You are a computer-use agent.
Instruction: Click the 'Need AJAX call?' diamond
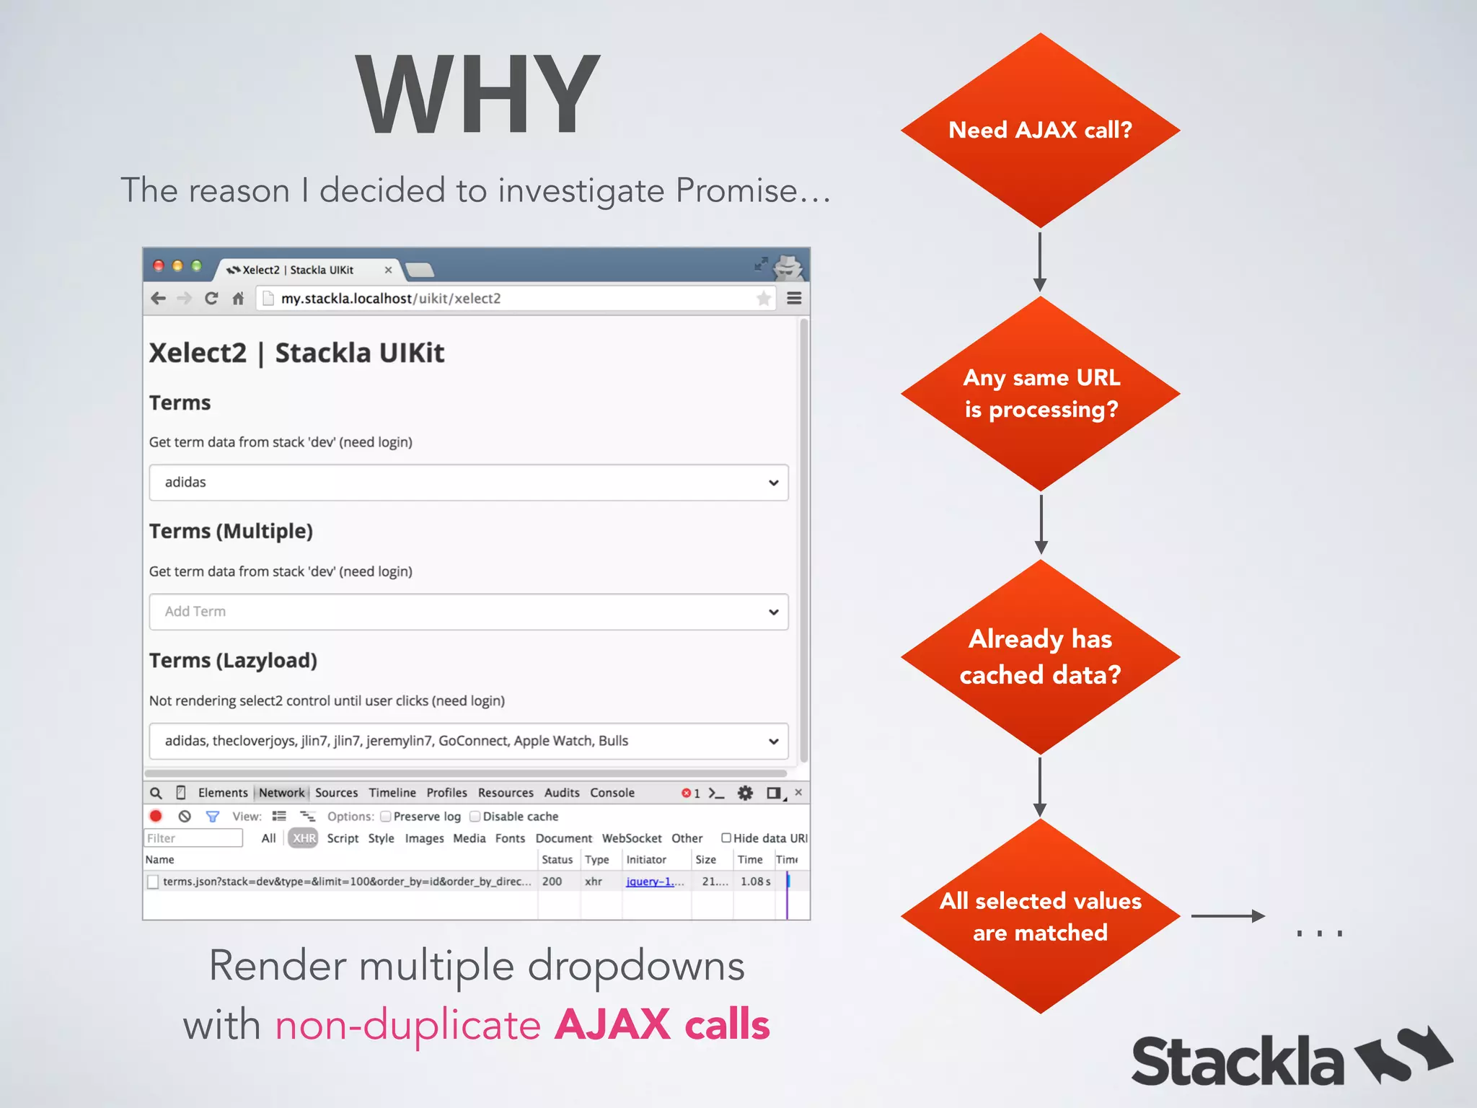click(1039, 131)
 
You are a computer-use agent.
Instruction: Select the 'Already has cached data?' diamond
click(1039, 657)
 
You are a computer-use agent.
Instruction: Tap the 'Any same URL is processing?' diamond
click(1039, 394)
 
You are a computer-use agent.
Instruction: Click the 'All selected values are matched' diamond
click(1039, 916)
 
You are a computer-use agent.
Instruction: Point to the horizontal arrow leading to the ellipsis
click(1227, 916)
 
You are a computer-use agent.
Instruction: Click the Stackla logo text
click(1237, 1061)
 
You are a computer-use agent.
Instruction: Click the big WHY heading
click(477, 94)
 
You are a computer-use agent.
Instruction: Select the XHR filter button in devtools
click(304, 838)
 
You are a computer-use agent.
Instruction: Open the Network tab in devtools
click(281, 793)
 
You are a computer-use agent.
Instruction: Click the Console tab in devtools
click(612, 793)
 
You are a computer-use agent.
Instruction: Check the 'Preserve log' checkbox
click(386, 817)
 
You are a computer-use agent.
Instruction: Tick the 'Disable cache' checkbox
click(475, 817)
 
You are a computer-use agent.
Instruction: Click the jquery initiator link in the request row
click(649, 881)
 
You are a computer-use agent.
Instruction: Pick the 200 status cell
click(552, 881)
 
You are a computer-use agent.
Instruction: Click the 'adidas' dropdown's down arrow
click(773, 483)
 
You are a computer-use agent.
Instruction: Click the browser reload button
click(211, 299)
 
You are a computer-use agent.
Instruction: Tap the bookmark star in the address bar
click(763, 299)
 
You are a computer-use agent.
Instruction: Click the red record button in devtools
click(156, 817)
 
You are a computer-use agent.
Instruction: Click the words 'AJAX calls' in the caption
click(662, 1024)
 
